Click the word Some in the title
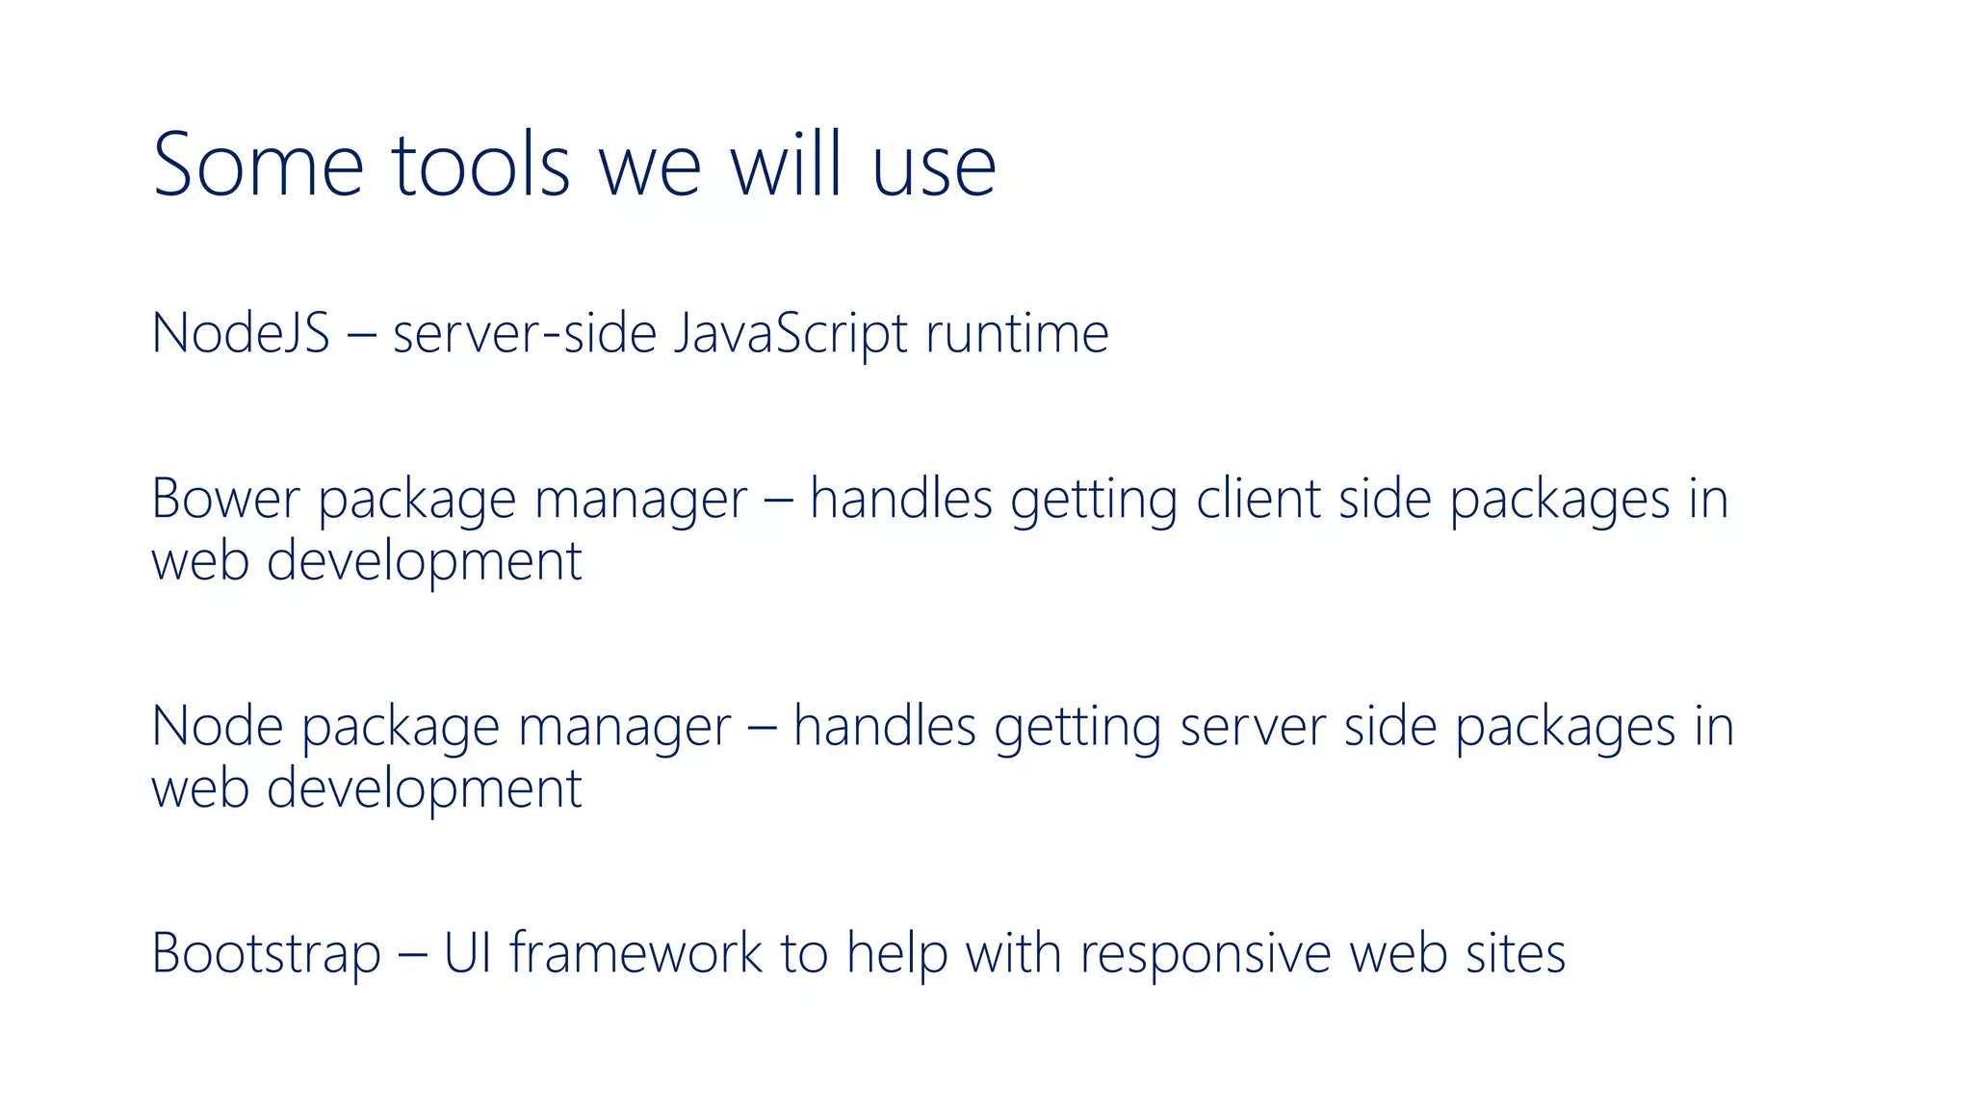tap(258, 166)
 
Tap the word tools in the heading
tap(481, 166)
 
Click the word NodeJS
tap(241, 333)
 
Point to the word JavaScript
tap(790, 333)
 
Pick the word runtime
tap(1017, 333)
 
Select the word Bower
tap(226, 499)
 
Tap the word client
tap(1258, 499)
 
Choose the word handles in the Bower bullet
tap(900, 499)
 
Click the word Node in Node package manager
tap(218, 726)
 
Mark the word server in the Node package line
tap(1253, 728)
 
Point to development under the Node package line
tap(424, 789)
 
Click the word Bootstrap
tap(267, 954)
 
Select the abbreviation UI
tap(468, 953)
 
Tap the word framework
tap(636, 953)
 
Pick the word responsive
tap(1206, 955)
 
